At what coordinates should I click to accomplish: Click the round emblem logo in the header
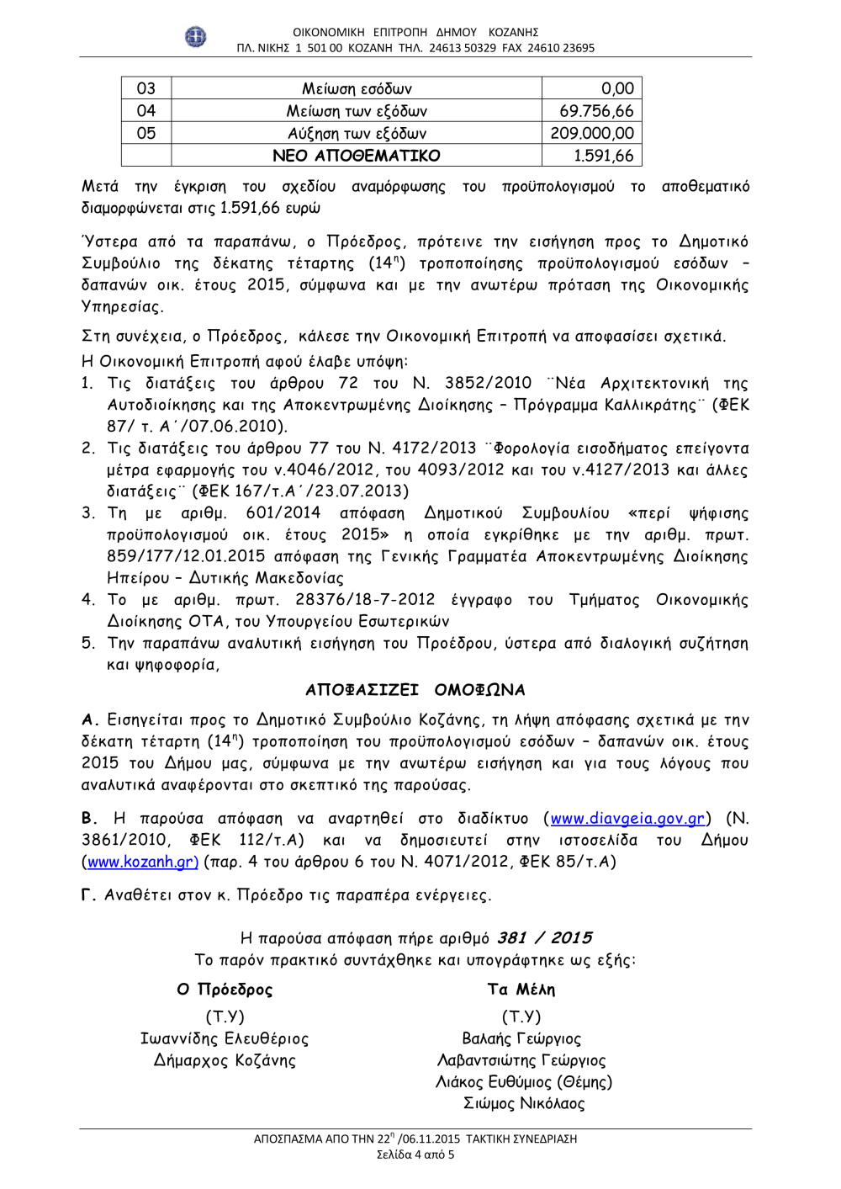click(196, 36)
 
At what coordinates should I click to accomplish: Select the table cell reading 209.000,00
click(592, 133)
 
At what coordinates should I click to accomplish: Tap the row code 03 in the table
click(146, 88)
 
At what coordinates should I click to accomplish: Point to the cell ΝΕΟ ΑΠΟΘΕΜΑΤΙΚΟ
click(357, 156)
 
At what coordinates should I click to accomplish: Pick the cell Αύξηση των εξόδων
click(357, 133)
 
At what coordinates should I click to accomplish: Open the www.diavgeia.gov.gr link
click(627, 819)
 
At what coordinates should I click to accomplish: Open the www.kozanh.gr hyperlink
click(142, 862)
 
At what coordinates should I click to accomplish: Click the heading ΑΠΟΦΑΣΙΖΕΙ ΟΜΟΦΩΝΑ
click(415, 690)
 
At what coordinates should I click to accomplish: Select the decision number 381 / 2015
click(544, 937)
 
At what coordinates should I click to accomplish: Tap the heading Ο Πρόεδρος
click(225, 990)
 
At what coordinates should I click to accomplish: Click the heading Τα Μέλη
click(521, 990)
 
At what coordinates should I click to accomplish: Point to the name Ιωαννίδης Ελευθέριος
click(225, 1038)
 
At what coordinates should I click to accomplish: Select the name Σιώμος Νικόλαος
click(524, 1103)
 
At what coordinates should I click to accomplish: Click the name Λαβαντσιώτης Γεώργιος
click(521, 1060)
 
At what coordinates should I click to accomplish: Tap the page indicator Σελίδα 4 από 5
click(415, 1154)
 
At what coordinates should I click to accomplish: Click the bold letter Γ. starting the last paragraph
click(89, 895)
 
